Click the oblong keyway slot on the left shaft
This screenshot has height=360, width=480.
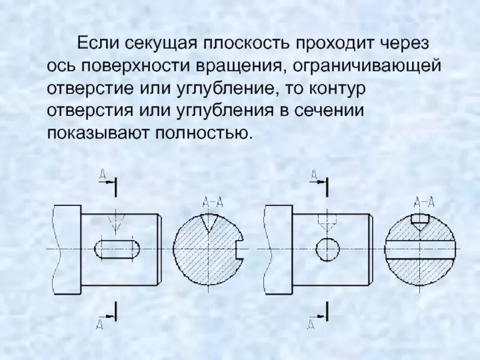[118, 248]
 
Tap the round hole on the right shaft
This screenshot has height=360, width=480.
[327, 248]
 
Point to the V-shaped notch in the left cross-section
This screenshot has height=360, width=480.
[209, 223]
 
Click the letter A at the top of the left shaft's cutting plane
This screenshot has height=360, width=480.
[103, 174]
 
